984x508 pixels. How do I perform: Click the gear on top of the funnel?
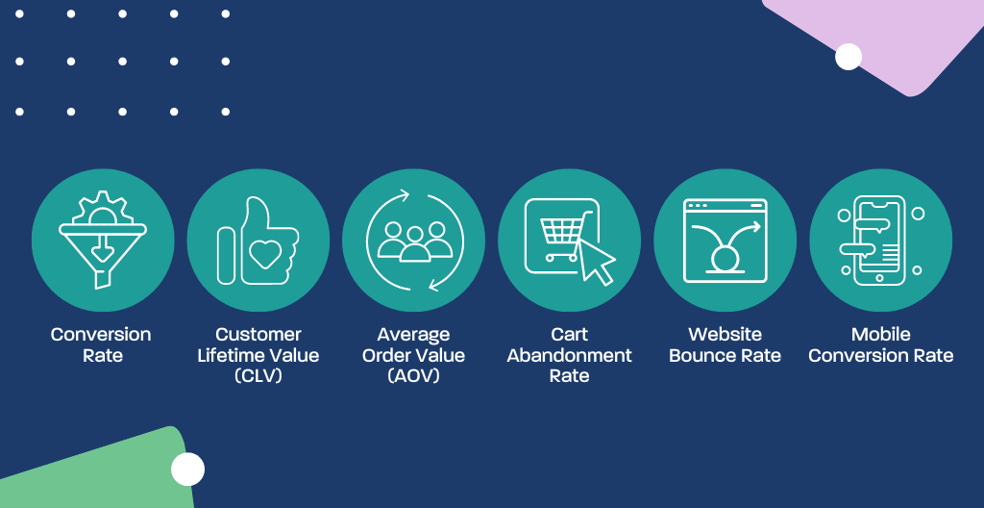click(x=102, y=208)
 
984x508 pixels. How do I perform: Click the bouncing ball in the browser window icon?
click(x=725, y=259)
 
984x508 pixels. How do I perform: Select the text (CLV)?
click(x=258, y=376)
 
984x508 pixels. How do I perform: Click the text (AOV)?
click(x=413, y=376)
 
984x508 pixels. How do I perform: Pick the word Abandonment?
click(x=569, y=355)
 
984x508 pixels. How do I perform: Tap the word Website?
click(x=725, y=334)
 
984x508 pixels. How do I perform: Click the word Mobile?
click(x=881, y=334)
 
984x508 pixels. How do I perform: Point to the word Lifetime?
click(x=232, y=355)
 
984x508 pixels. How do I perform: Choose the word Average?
click(x=413, y=335)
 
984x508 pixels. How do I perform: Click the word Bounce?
click(x=698, y=355)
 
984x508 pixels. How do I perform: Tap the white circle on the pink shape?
click(x=849, y=57)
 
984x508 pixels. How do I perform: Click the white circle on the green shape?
click(x=187, y=469)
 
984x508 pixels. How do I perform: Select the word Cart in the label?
click(x=569, y=334)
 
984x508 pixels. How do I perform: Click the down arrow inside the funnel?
click(x=102, y=250)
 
